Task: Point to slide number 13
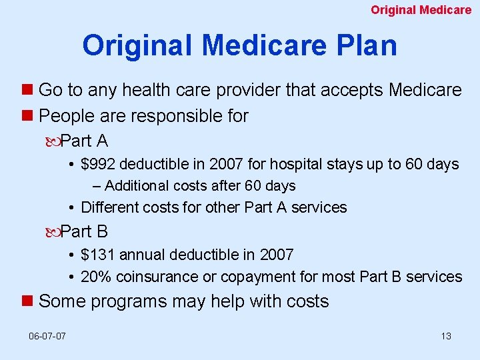coord(446,336)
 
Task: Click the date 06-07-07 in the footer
coord(47,336)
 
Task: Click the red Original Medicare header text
coord(421,10)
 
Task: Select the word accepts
coord(355,90)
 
